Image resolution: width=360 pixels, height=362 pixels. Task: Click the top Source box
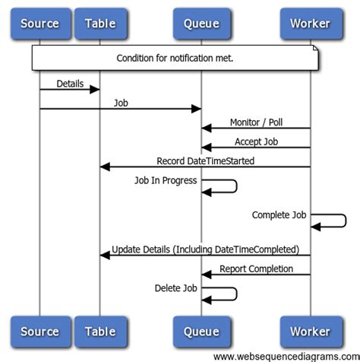coord(39,23)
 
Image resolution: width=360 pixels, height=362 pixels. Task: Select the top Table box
coord(100,23)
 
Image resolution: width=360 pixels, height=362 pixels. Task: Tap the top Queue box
coord(201,23)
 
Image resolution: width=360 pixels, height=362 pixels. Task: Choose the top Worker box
coord(310,23)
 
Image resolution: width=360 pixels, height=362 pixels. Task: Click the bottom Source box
coord(39,332)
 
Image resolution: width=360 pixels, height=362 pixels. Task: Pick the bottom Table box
coord(100,332)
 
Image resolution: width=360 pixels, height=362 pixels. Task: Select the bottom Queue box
coord(201,332)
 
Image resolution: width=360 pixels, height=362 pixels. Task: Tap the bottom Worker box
coord(310,332)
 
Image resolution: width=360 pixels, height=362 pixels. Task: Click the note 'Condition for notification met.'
coord(175,59)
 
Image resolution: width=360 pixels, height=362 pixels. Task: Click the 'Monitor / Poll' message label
coord(256,122)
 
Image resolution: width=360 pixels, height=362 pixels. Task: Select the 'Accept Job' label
coord(256,141)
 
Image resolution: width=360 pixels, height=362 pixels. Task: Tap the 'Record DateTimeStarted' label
coord(205,160)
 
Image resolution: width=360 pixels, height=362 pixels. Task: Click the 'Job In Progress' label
coord(166,180)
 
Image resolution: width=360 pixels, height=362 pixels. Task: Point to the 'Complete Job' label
coord(279,215)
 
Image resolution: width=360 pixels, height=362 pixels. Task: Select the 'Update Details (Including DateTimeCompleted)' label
coord(205,249)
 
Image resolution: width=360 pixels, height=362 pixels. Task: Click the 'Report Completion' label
coord(256,268)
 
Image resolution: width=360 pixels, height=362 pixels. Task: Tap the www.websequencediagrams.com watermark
coord(286,356)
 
